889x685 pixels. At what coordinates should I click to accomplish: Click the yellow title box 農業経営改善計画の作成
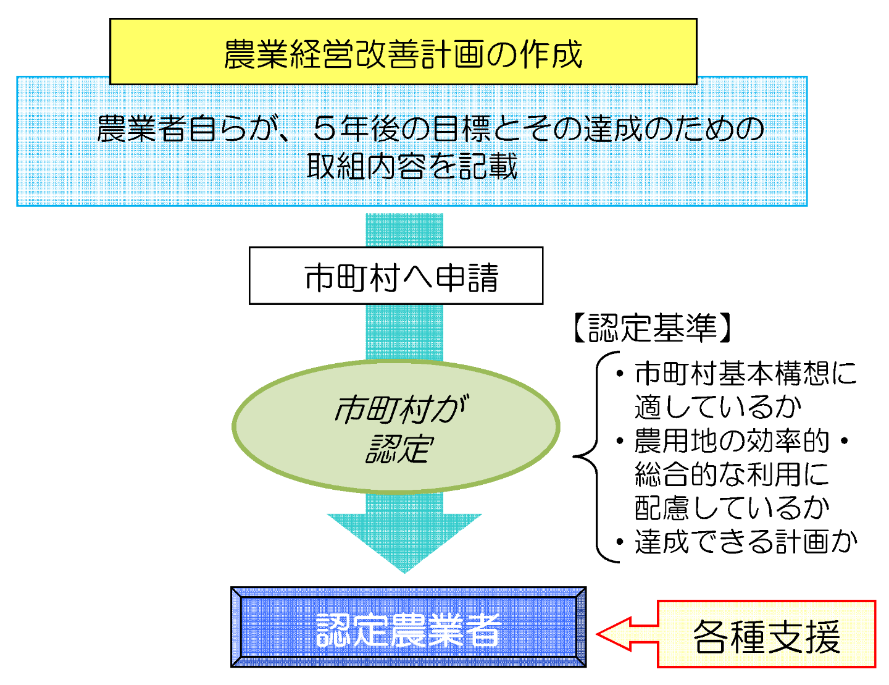point(403,51)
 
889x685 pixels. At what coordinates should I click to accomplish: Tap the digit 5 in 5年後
point(325,128)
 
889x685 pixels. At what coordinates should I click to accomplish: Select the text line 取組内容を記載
point(412,166)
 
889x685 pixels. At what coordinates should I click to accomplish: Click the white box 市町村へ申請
point(396,275)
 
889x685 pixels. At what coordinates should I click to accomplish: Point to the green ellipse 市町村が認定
point(396,426)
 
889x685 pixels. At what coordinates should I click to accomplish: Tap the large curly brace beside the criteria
point(596,456)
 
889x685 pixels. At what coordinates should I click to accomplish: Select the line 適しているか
point(717,407)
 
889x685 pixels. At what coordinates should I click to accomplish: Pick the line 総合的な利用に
point(732,474)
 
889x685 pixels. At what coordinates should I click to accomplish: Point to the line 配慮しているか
point(732,508)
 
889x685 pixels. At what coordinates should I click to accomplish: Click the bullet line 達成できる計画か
point(745,542)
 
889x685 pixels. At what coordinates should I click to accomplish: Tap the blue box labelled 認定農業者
point(408,627)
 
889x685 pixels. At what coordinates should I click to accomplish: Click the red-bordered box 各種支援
point(766,634)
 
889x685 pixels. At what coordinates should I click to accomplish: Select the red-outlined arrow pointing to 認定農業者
point(627,634)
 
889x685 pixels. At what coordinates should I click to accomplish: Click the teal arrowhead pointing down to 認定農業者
point(404,542)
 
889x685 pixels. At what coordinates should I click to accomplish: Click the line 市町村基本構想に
point(745,373)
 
